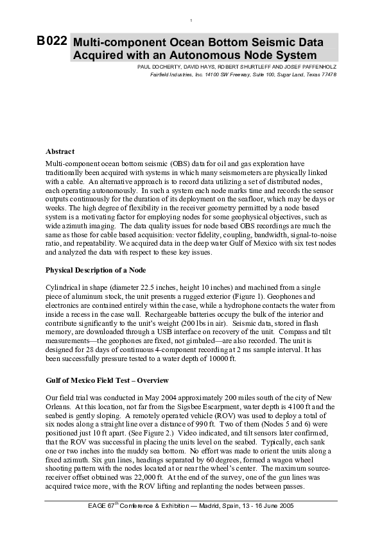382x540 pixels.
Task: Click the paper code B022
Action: point(52,41)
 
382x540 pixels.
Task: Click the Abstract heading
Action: point(60,151)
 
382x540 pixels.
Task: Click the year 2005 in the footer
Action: point(284,506)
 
